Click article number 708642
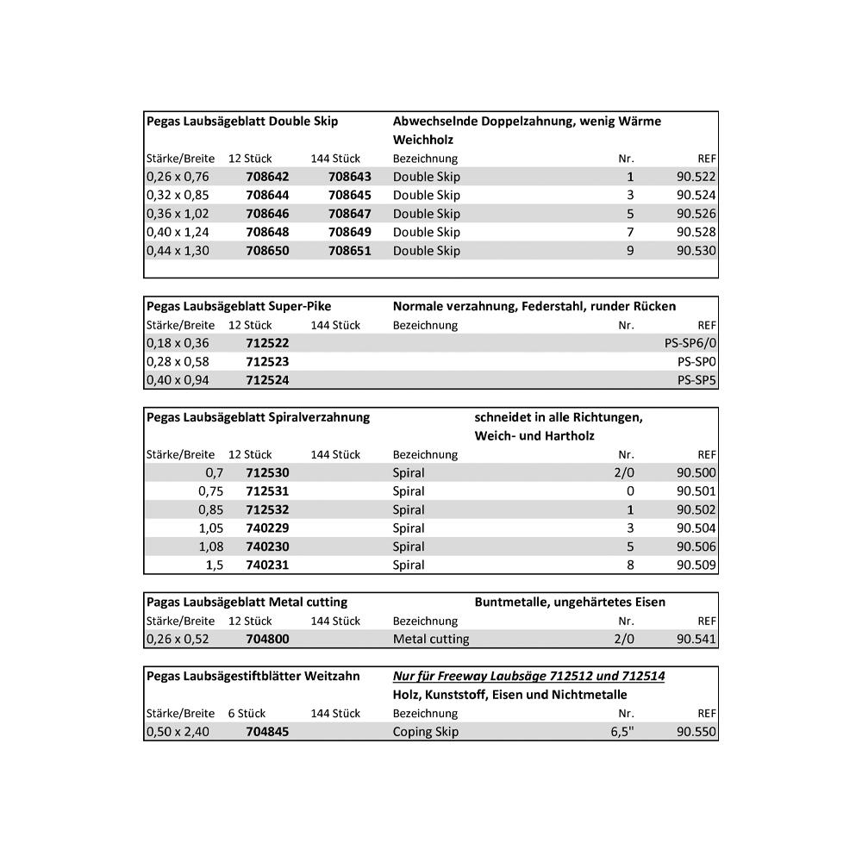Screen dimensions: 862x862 [267, 177]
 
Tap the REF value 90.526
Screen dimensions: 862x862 [696, 214]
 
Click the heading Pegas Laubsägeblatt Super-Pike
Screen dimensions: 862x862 [239, 306]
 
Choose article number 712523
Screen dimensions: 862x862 [267, 362]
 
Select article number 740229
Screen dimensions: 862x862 [267, 528]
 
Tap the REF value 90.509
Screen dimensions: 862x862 [696, 565]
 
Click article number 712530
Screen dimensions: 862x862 [267, 473]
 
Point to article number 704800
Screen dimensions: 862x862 [267, 640]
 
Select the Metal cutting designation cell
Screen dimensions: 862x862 [431, 640]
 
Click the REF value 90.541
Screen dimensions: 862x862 [696, 640]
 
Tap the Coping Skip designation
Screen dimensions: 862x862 [426, 732]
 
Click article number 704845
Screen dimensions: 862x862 [267, 732]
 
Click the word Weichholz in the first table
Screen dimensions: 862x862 [423, 140]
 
